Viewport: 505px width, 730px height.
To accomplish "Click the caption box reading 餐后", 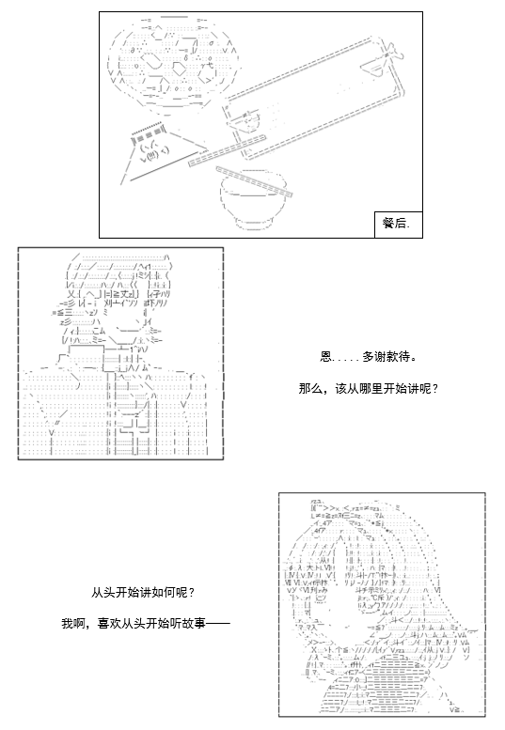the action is tap(399, 225).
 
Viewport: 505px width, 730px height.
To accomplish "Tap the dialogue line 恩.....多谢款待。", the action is tap(368, 357).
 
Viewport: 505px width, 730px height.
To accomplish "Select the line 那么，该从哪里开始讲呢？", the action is tap(368, 388).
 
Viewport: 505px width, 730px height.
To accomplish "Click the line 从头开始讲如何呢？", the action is tap(143, 593).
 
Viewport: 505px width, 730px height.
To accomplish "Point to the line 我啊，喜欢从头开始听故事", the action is tap(146, 623).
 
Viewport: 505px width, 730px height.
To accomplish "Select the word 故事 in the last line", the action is tap(194, 623).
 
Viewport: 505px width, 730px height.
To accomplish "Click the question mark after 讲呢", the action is tap(435, 388).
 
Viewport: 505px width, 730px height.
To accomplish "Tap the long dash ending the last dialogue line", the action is tap(217, 623).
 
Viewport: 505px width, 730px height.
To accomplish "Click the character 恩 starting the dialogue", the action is tap(325, 357).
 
